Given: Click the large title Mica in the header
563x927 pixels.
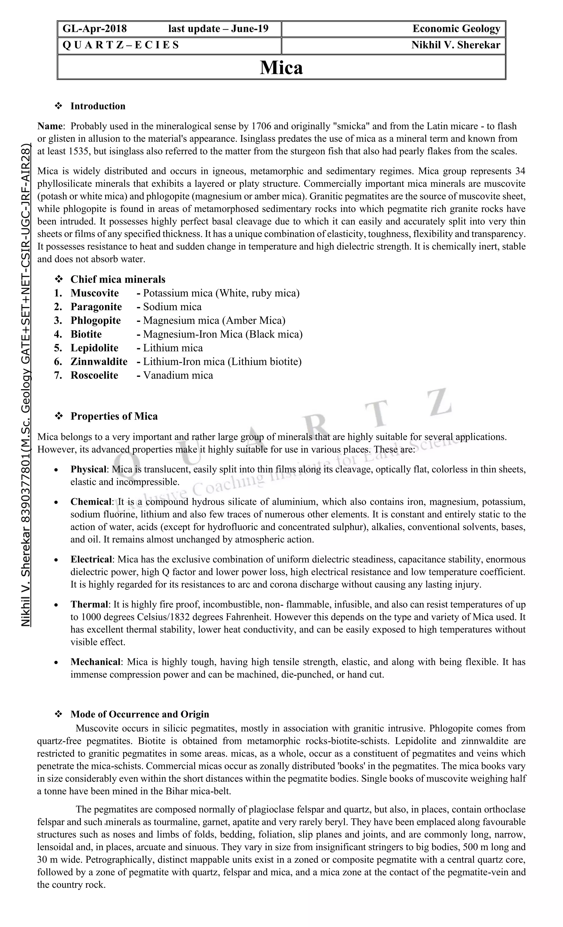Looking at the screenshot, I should [x=281, y=68].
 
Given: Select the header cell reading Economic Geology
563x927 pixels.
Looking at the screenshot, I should [x=456, y=29].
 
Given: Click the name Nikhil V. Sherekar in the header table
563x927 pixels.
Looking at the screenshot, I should [x=455, y=45].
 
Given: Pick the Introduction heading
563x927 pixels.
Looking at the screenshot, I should [x=98, y=106].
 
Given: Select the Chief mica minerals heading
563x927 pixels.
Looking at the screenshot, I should [x=118, y=279].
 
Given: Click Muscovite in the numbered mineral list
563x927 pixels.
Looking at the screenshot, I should [x=95, y=293].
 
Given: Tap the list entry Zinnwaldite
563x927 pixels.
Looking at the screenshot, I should [x=99, y=362].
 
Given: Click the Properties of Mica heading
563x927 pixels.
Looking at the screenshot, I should [x=114, y=416].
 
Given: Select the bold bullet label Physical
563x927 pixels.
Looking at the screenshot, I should [x=89, y=469].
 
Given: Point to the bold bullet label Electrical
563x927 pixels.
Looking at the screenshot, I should [x=91, y=560].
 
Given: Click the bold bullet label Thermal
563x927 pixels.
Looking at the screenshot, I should [x=89, y=605].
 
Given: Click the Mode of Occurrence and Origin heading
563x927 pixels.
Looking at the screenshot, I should [x=140, y=715].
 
